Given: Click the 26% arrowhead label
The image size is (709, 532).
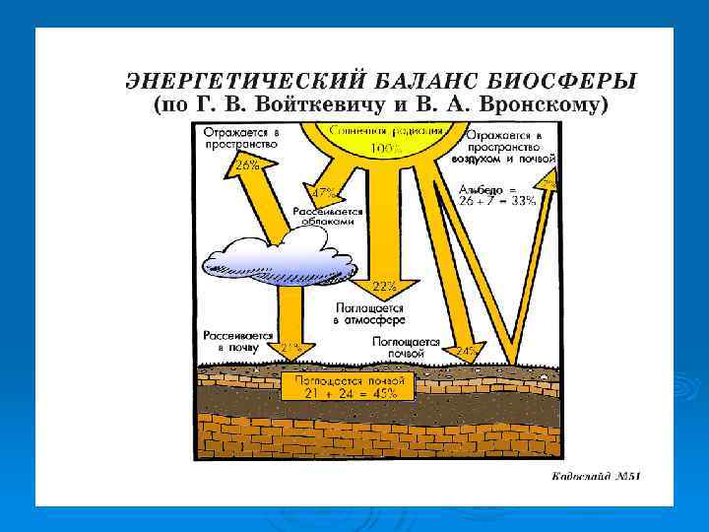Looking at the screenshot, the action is [246, 166].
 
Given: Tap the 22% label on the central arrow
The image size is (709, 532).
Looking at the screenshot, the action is [384, 287].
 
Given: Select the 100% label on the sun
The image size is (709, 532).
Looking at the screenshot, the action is [384, 149].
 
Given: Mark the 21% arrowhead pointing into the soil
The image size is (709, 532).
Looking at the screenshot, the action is [290, 348].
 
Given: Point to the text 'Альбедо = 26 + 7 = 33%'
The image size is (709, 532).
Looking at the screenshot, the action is [497, 194].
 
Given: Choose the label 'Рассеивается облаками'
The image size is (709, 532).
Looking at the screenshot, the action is [328, 217].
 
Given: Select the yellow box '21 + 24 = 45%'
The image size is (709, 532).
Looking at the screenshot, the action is [339, 385].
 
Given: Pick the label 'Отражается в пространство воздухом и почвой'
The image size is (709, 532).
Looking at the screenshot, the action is [510, 146].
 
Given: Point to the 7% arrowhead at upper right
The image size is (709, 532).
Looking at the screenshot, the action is [548, 180].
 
